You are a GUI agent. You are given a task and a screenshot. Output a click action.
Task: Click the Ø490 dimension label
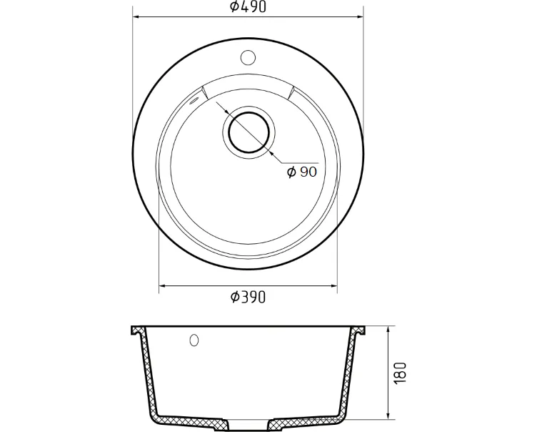(x=248, y=6)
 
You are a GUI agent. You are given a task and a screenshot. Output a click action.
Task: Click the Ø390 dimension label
(x=248, y=297)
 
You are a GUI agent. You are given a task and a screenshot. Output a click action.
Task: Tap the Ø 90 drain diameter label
(x=302, y=172)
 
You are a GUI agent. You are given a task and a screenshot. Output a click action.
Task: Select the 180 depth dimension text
(x=401, y=373)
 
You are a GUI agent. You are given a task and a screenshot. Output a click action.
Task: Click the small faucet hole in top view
(x=248, y=58)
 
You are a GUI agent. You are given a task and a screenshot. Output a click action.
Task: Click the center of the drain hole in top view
(x=249, y=132)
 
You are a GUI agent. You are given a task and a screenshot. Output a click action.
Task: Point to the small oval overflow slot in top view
(x=194, y=100)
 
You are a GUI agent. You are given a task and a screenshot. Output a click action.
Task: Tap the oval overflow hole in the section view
(x=194, y=340)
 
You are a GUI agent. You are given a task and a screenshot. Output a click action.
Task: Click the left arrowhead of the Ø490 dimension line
(x=136, y=16)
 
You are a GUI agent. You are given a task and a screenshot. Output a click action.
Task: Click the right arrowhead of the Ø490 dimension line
(x=360, y=16)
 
